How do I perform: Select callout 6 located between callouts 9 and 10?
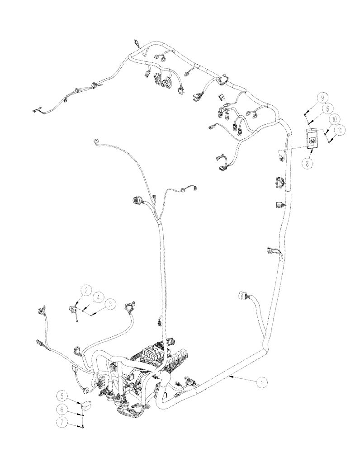click(x=327, y=108)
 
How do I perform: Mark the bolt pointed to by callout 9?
click(x=305, y=110)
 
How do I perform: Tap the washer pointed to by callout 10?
click(x=325, y=132)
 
